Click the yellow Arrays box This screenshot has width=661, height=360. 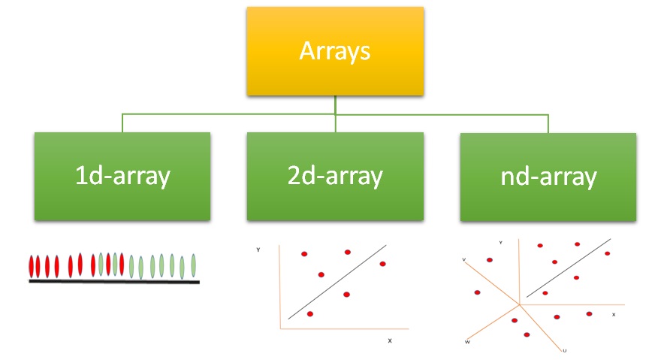click(x=335, y=51)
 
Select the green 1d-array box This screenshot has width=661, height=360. click(x=122, y=177)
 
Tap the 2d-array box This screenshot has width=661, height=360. click(x=335, y=177)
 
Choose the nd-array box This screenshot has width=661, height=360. click(x=548, y=177)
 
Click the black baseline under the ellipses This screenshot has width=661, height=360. click(x=114, y=282)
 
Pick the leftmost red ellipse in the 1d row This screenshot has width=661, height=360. click(x=31, y=266)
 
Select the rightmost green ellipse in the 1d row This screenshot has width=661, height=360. click(x=194, y=265)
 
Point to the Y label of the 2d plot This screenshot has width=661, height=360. click(x=258, y=250)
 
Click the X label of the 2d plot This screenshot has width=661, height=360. click(x=390, y=340)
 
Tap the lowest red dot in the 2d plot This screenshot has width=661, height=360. click(x=310, y=314)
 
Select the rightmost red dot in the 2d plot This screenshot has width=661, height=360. click(x=382, y=264)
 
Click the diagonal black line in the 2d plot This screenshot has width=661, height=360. click(x=337, y=282)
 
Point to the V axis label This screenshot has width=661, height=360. click(x=463, y=259)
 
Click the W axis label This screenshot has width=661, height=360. click(x=467, y=342)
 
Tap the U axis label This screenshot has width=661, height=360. click(x=564, y=351)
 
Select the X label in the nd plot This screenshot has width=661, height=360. click(x=614, y=315)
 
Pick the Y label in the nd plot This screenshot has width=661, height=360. click(x=500, y=243)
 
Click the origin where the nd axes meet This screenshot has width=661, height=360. click(x=520, y=304)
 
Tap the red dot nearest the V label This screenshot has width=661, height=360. click(x=490, y=260)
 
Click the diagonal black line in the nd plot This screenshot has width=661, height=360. click(x=569, y=268)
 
